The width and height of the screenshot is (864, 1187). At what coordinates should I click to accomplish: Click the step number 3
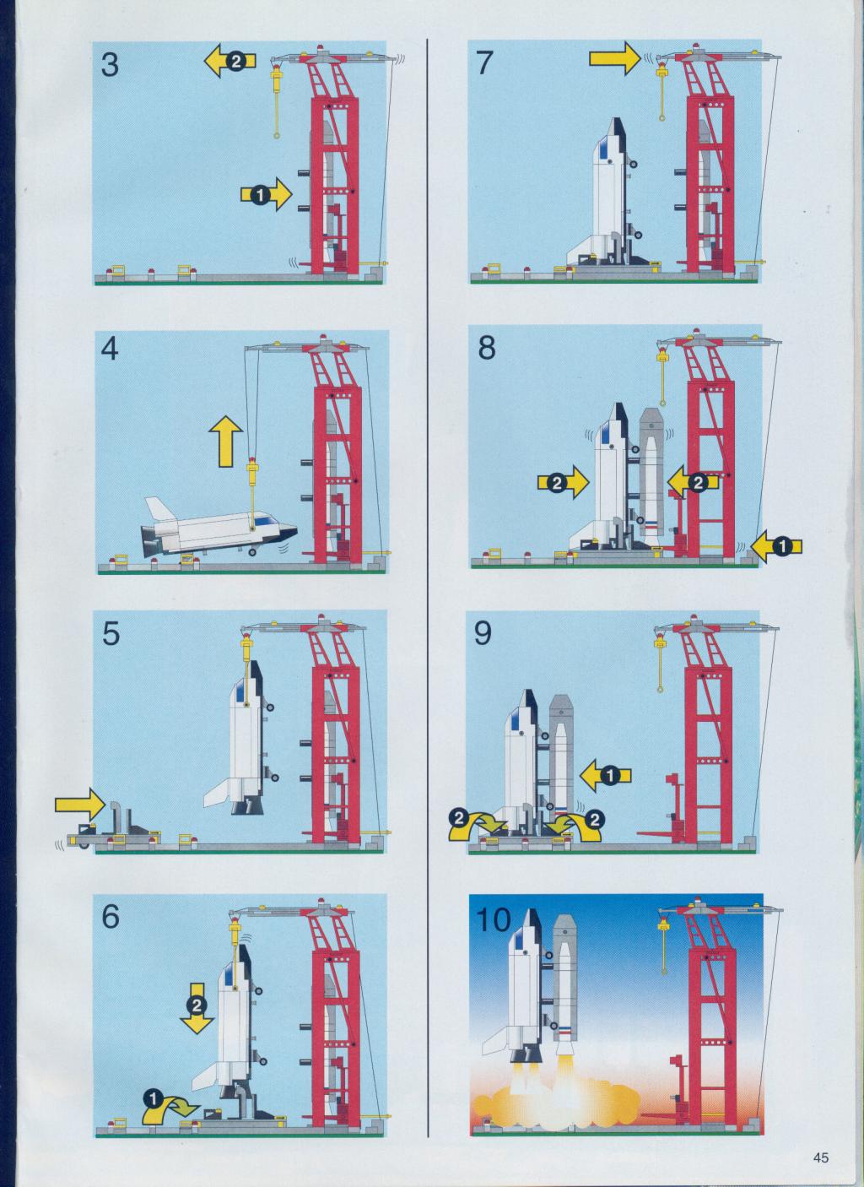110,65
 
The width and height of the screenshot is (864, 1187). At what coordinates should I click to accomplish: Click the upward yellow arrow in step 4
225,441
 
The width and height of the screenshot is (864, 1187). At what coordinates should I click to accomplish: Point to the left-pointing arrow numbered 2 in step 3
229,61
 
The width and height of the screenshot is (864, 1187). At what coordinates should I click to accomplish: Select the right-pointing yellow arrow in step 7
615,58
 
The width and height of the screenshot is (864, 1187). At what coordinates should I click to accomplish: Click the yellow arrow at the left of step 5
80,804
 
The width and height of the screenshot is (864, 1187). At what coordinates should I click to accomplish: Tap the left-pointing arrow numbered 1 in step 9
606,776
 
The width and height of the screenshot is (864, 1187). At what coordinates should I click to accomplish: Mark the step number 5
111,634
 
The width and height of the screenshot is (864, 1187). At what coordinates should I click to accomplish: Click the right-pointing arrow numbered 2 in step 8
563,483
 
